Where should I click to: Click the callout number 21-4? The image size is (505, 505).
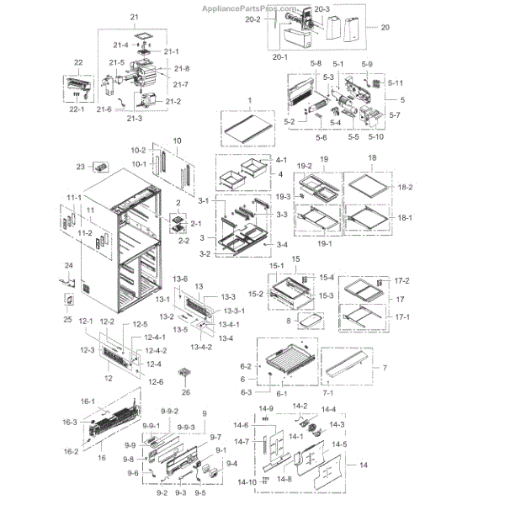click(120, 45)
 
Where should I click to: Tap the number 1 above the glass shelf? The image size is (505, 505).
click(249, 100)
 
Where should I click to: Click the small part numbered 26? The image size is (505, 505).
click(187, 374)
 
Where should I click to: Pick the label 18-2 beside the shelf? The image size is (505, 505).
click(406, 185)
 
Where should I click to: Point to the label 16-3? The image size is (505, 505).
click(70, 422)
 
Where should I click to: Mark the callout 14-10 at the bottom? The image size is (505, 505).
click(247, 482)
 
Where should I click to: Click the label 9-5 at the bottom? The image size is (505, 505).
click(199, 492)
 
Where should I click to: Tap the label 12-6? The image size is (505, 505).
click(157, 382)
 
